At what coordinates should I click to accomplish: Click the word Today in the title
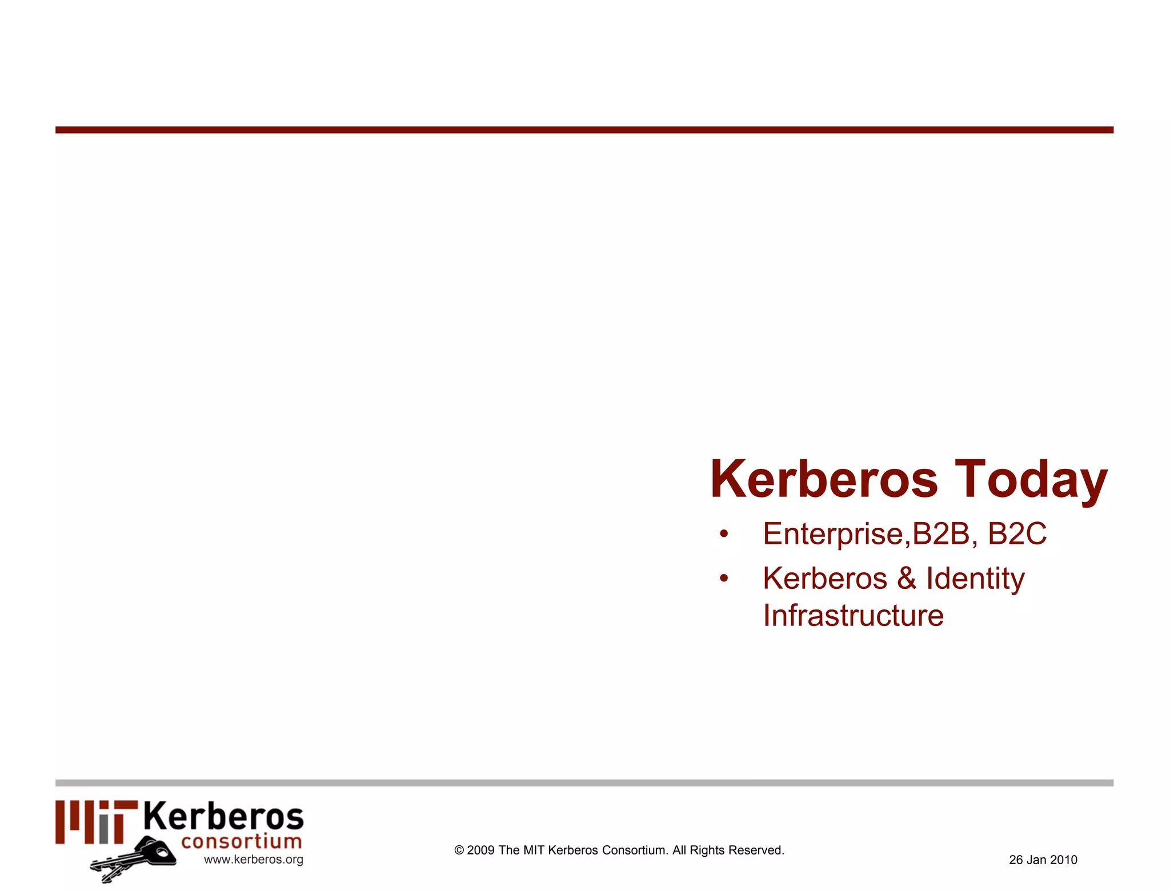click(x=1031, y=480)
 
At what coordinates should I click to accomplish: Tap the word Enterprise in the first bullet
click(x=834, y=535)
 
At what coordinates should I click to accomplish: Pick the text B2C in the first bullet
click(x=1017, y=533)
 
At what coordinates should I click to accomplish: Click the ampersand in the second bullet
click(x=907, y=578)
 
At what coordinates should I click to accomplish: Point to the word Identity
click(x=975, y=579)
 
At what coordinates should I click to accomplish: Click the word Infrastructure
click(x=853, y=616)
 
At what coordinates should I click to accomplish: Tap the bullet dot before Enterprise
click(x=724, y=535)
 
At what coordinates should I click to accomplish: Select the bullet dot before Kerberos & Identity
click(x=724, y=579)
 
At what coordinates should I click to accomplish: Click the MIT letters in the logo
click(x=97, y=822)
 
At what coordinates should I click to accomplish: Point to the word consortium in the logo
click(x=241, y=841)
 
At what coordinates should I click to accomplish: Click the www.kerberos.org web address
click(x=254, y=860)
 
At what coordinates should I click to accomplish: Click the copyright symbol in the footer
click(x=459, y=850)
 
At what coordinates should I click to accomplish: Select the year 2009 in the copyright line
click(x=480, y=850)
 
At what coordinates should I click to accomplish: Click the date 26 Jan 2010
click(x=1043, y=860)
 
